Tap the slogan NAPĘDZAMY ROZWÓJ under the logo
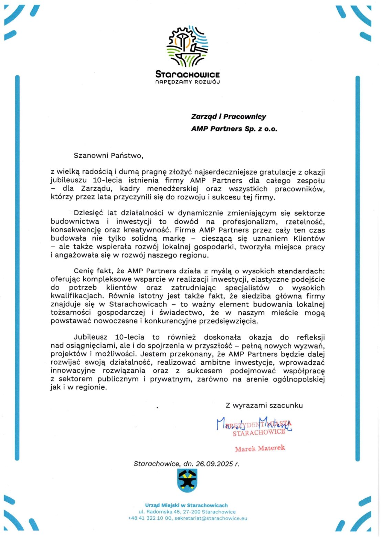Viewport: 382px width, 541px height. point(188,82)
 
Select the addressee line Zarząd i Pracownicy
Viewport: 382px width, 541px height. point(229,117)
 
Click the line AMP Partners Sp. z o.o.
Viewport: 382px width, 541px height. point(234,129)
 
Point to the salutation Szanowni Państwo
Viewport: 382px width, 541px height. point(108,156)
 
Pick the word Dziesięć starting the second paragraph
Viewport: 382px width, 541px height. point(88,214)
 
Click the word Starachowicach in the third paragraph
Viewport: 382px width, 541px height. point(138,304)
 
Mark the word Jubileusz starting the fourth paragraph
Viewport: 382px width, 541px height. point(90,337)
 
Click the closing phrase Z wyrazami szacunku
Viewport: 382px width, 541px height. point(264,406)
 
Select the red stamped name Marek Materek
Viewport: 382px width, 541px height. point(260,448)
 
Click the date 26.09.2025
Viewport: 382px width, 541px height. point(214,464)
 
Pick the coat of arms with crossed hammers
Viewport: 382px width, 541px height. point(187,481)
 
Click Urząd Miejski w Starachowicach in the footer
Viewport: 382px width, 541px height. point(186,505)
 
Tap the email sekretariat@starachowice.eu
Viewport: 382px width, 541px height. point(211,518)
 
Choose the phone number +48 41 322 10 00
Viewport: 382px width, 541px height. point(150,518)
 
